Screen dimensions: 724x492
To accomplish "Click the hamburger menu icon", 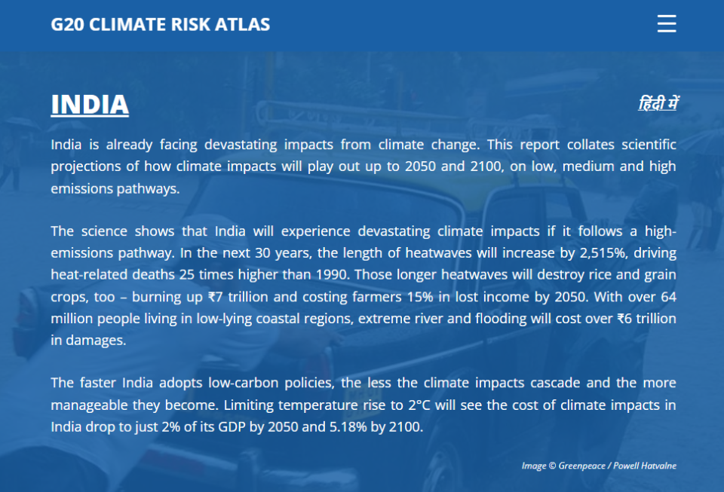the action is point(667,23).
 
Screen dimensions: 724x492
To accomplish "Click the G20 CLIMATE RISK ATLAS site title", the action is point(160,24).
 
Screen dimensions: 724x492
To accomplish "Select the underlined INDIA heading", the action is point(90,105).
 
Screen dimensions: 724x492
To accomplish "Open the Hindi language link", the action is point(658,103).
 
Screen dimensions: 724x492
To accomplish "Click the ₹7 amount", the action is point(215,297).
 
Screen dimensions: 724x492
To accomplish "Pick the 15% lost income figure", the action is point(420,297).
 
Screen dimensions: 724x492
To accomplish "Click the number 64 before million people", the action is point(669,297).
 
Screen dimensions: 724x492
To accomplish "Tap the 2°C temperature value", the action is point(419,405).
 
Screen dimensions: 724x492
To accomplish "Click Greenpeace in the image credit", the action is point(581,466).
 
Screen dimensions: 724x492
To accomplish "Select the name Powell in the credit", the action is point(626,466).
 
